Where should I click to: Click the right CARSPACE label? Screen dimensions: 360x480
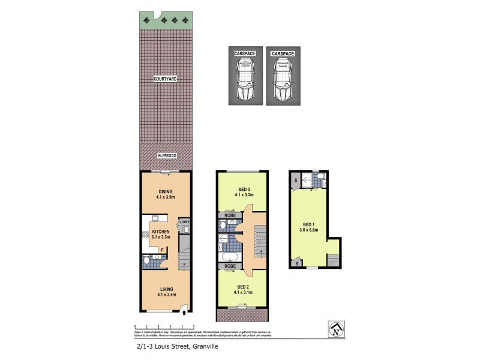point(283,53)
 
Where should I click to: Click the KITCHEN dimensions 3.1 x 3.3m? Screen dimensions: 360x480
point(161,237)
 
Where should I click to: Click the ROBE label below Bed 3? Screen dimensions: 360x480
point(229,214)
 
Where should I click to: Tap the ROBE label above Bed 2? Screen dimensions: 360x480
point(229,265)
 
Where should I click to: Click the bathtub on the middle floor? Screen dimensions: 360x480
point(229,258)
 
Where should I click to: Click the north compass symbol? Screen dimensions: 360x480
point(336,328)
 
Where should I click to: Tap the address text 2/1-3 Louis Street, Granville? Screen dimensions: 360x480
point(173,346)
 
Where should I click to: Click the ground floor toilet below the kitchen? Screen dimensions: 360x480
point(156,260)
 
